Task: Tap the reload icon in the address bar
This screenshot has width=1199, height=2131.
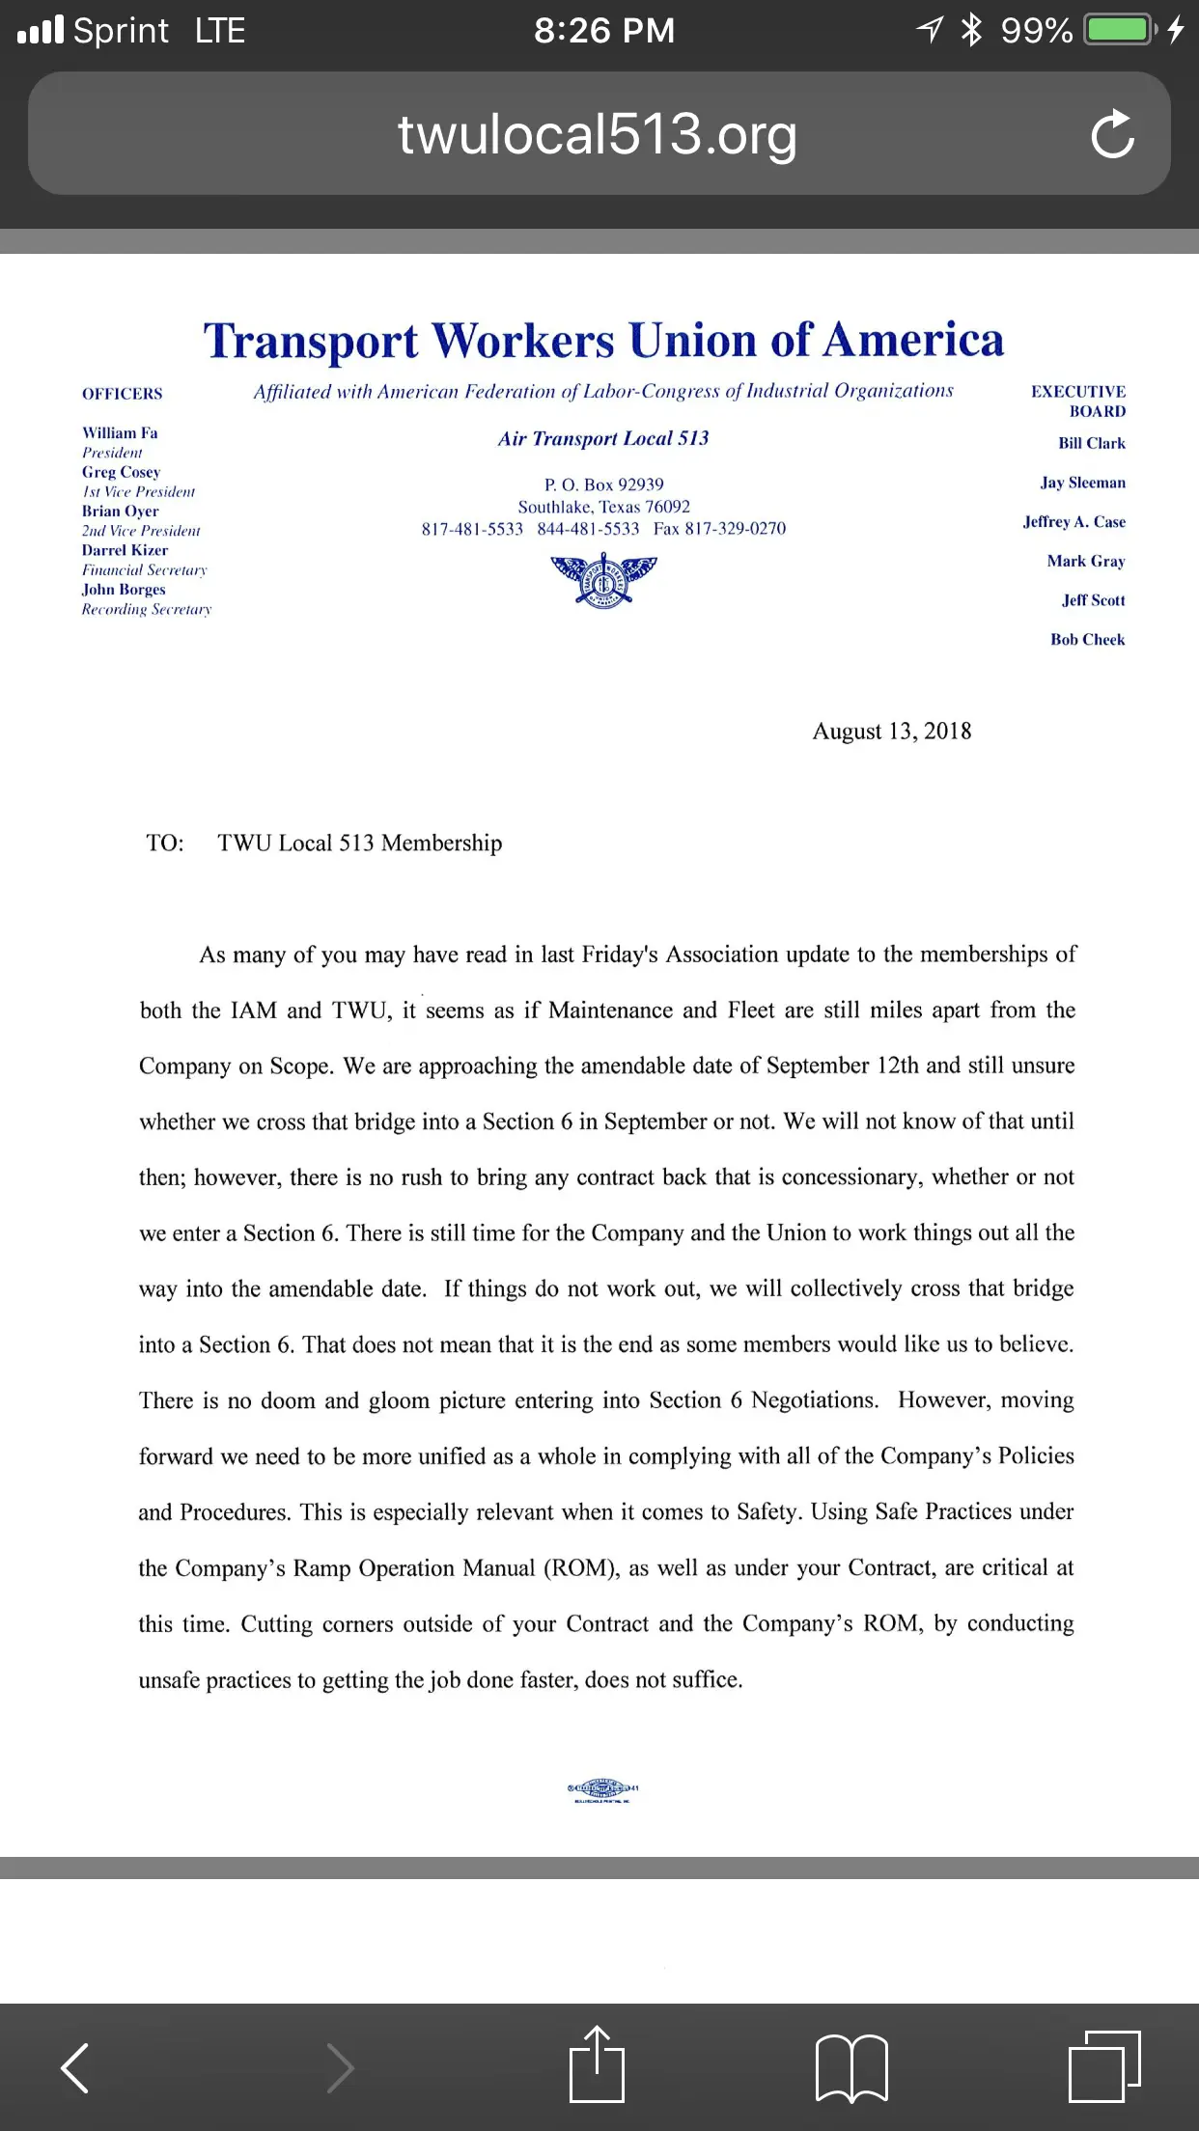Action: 1112,134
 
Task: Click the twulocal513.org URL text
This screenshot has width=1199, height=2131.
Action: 598,134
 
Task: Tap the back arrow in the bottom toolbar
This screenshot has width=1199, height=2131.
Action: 75,2067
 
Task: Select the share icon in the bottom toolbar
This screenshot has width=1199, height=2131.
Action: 597,2065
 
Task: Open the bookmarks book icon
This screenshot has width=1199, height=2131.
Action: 851,2067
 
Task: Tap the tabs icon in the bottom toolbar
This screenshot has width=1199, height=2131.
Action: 1104,2065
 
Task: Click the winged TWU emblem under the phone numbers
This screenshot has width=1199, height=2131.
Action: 603,580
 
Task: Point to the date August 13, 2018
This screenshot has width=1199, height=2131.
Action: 891,732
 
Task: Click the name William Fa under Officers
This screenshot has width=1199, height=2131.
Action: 120,433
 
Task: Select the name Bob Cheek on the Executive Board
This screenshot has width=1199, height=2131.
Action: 1087,640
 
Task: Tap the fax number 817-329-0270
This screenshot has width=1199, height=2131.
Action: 735,529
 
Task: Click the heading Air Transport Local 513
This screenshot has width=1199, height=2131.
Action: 603,439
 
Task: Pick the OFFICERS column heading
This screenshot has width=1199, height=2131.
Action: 122,394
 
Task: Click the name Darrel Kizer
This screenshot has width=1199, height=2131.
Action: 125,550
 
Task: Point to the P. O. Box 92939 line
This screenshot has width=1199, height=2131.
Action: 603,484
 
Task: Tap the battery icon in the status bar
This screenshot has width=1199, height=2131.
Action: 1120,30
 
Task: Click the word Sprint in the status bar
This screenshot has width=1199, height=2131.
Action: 121,31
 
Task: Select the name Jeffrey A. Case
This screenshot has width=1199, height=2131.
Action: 1074,522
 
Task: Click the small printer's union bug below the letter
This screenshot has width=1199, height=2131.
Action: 602,1791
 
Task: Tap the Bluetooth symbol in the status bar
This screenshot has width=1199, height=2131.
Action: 971,30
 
